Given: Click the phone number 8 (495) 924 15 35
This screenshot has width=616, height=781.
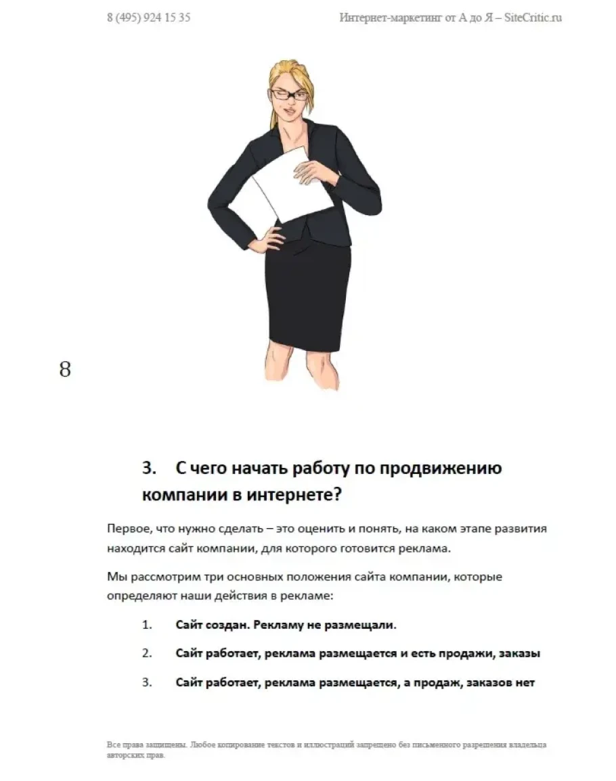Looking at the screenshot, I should click(148, 18).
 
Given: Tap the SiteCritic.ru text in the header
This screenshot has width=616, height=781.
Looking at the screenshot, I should click(534, 18).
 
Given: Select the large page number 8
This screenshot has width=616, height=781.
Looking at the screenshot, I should click(65, 370).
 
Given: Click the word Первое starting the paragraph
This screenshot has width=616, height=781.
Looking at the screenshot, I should click(127, 529).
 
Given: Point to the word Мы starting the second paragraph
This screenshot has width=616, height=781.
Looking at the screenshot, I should click(116, 577).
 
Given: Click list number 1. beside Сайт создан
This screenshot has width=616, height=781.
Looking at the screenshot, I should click(147, 625).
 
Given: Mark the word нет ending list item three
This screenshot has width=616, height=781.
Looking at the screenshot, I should click(525, 683).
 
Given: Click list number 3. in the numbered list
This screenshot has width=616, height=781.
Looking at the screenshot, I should click(147, 683).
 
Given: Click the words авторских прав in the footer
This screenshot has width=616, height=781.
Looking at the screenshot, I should click(135, 755).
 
